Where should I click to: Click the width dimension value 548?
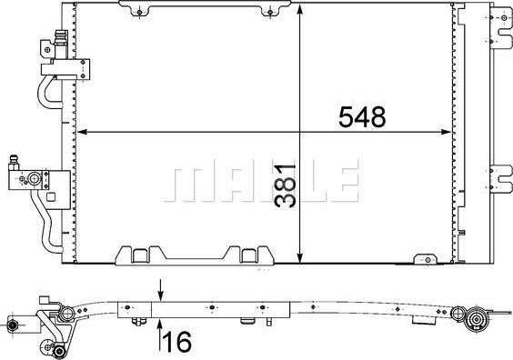pyautogui.click(x=362, y=116)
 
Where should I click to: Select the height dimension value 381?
pyautogui.click(x=288, y=188)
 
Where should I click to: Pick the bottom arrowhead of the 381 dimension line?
pyautogui.click(x=301, y=258)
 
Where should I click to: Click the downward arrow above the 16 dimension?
pyautogui.click(x=161, y=295)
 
